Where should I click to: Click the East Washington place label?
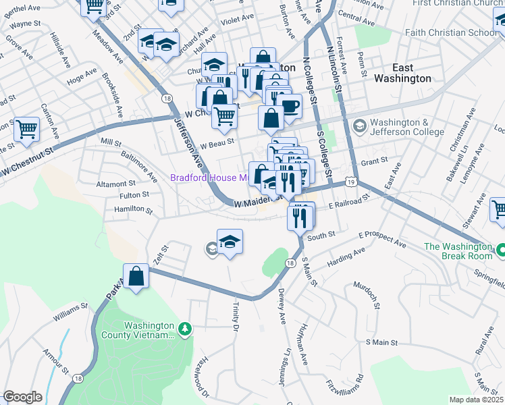[x=412, y=73]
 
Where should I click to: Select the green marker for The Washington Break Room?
[x=500, y=250]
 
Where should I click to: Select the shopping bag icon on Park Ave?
[x=136, y=276]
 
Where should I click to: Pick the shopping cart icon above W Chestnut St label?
[x=26, y=128]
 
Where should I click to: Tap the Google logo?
[x=22, y=396]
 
